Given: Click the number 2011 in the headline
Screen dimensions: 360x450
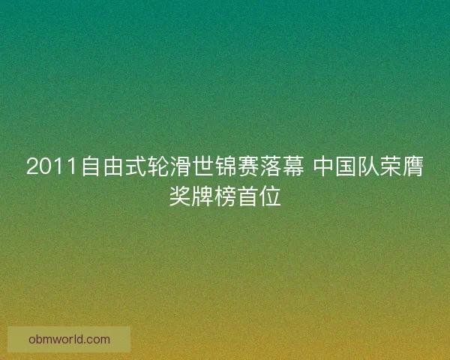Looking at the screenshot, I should click(52, 167).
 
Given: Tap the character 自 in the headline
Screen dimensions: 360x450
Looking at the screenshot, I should click(91, 167).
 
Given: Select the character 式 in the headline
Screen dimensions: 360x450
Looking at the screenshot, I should click(136, 167).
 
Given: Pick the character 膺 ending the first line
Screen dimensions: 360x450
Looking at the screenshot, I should click(414, 167).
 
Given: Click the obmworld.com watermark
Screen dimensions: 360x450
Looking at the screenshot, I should click(69, 339).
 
